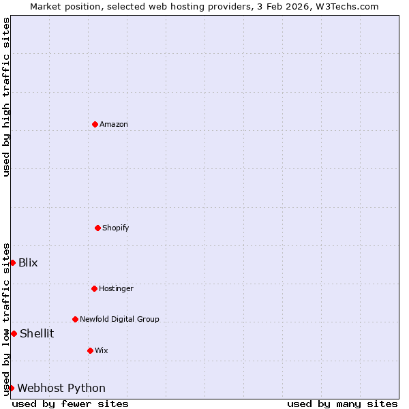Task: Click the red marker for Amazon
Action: (x=95, y=124)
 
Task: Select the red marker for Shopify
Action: (x=97, y=228)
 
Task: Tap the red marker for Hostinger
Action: (x=94, y=288)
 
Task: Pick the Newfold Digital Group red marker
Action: (x=75, y=319)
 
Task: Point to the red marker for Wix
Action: (x=90, y=350)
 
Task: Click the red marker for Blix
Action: (x=12, y=262)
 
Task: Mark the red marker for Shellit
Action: (x=14, y=333)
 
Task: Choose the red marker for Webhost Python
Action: (x=11, y=388)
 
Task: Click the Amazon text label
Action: (x=114, y=124)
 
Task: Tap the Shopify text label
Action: (x=116, y=228)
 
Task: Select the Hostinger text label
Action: (x=116, y=288)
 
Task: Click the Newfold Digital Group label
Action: (x=119, y=319)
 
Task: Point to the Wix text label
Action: (x=102, y=350)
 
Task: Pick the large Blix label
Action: (x=28, y=262)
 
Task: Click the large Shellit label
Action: (x=37, y=333)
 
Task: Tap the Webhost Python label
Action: (x=61, y=388)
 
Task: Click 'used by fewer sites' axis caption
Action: (x=70, y=404)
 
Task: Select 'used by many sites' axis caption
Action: (x=342, y=404)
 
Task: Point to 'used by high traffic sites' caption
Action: (x=6, y=97)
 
